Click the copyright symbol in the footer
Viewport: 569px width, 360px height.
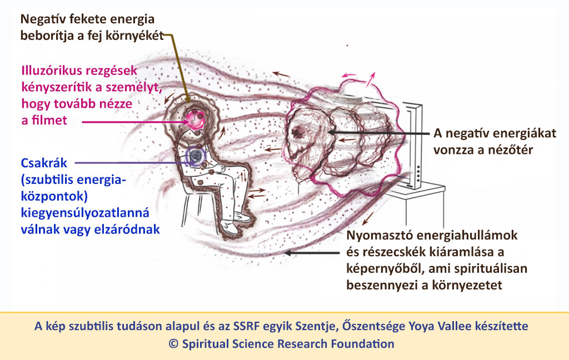coord(173,344)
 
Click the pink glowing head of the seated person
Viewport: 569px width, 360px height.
coord(195,120)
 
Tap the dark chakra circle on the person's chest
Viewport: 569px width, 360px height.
coord(196,156)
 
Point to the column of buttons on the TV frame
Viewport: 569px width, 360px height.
coord(418,174)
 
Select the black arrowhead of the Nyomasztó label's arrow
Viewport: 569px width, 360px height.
coord(287,253)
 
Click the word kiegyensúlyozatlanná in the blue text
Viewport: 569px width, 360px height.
coord(85,213)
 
